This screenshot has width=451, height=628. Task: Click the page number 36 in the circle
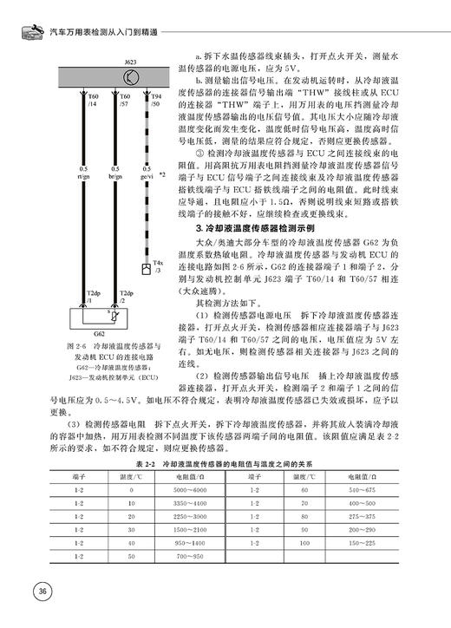click(x=41, y=592)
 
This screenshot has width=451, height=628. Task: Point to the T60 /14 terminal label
click(x=93, y=101)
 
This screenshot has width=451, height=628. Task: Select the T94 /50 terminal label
click(x=156, y=101)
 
